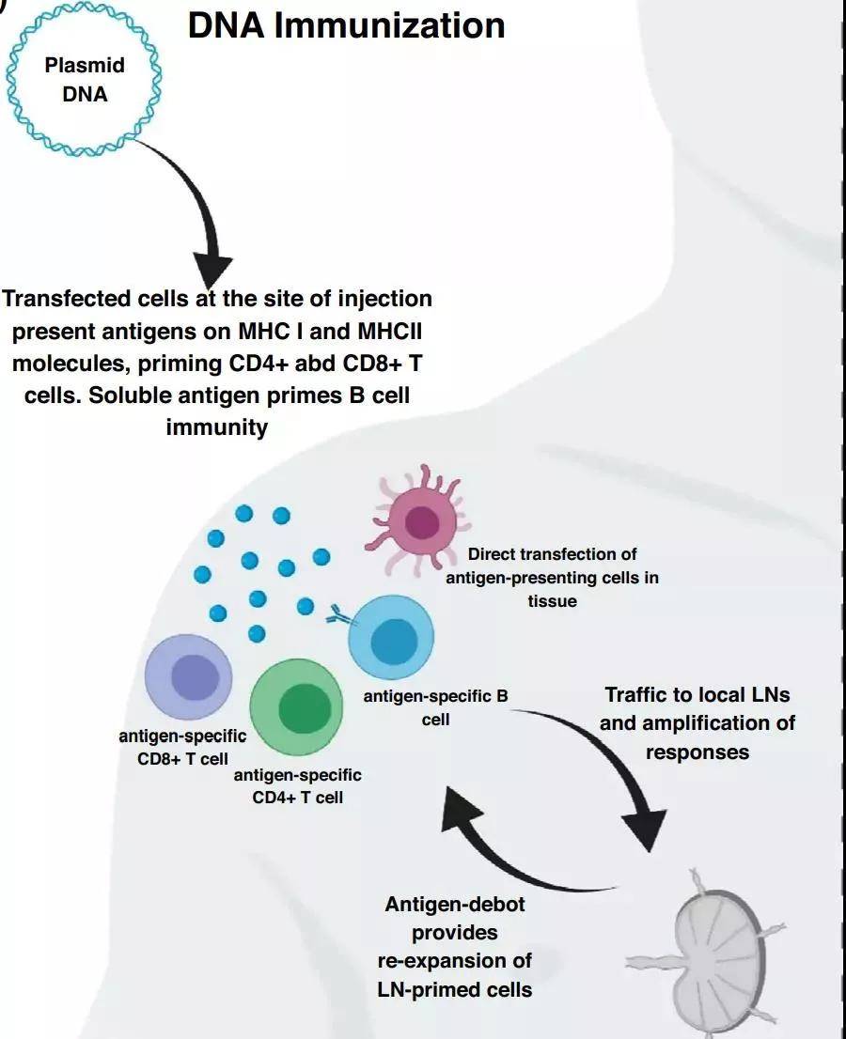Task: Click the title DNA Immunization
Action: (346, 25)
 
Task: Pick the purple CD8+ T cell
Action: (189, 677)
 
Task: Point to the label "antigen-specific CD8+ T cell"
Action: (182, 747)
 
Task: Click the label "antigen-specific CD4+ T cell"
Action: (297, 786)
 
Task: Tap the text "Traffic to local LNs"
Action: (697, 695)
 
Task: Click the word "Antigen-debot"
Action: (455, 905)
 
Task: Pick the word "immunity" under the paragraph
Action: (216, 427)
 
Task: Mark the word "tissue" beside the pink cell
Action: (552, 600)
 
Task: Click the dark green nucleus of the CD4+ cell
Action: (305, 708)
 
